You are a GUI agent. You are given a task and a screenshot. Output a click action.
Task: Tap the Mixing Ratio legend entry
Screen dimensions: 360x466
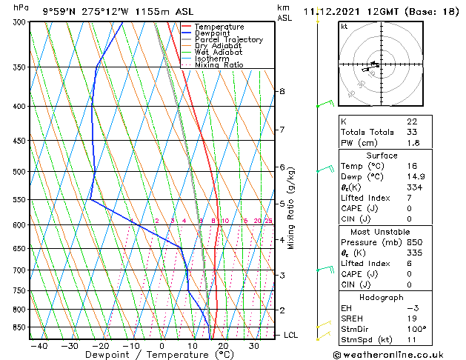(219, 65)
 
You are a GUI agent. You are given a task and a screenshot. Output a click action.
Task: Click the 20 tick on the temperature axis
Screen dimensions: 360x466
(223, 345)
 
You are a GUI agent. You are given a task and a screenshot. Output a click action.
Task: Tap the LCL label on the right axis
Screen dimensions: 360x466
(291, 336)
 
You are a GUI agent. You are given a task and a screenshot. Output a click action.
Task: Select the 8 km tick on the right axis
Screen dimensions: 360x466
(282, 91)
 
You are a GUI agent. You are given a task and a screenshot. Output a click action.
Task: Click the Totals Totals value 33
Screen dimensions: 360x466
(412, 132)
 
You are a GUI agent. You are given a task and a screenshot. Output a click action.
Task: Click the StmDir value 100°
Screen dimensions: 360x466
(416, 329)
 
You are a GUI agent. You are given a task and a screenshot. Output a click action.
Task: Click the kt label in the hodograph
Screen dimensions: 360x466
(344, 27)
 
